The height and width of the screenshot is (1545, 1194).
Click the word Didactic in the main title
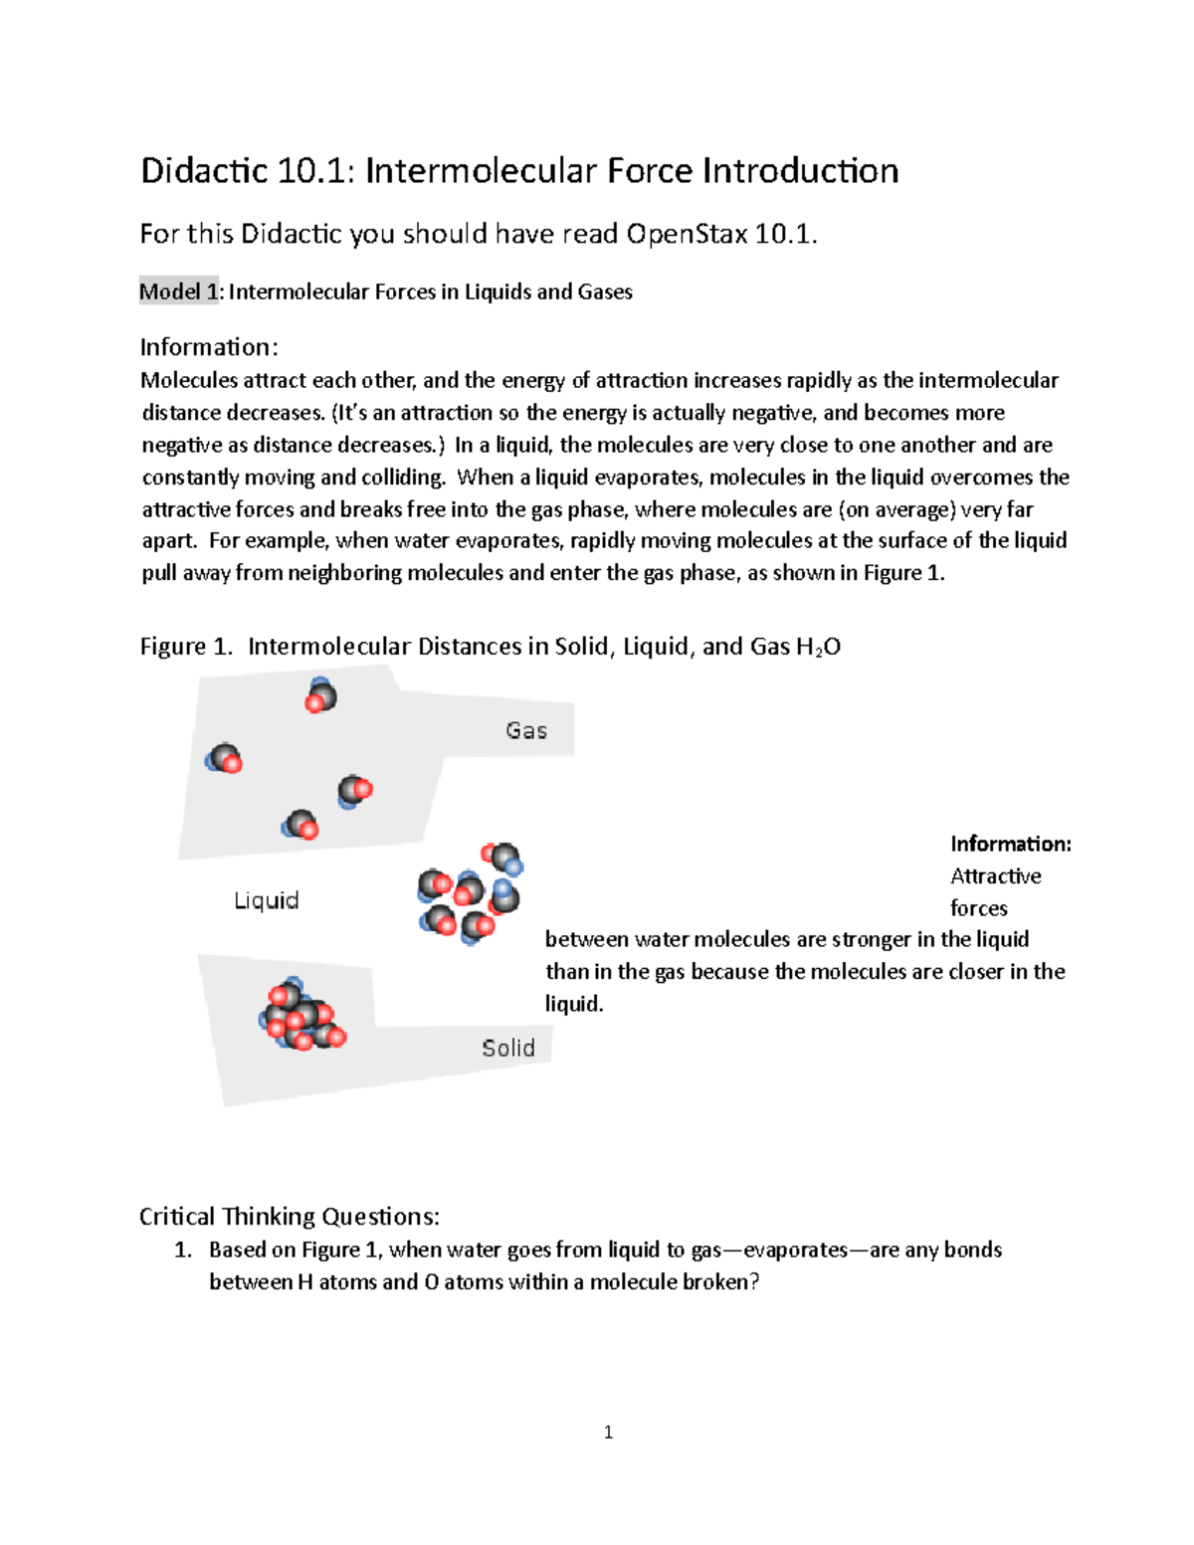click(204, 171)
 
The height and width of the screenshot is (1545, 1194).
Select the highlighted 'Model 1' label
click(178, 291)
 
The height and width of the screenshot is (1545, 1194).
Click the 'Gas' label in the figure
click(525, 731)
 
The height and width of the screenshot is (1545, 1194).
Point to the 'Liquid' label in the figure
click(266, 900)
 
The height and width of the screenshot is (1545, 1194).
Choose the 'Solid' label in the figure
click(507, 1048)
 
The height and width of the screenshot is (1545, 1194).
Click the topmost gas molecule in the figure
click(320, 695)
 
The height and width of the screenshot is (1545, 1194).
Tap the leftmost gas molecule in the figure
click(224, 759)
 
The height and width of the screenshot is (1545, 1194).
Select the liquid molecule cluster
click(471, 893)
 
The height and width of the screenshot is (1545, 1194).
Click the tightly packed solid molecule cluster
click(301, 1015)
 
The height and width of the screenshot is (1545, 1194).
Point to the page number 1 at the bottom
click(608, 1433)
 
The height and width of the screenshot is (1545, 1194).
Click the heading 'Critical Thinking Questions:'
click(289, 1217)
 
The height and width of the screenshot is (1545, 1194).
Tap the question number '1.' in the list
click(183, 1250)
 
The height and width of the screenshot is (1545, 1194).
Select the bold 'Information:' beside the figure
click(1010, 844)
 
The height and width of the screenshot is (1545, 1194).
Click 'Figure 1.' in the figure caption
click(186, 647)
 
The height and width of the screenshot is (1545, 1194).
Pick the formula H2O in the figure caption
click(818, 647)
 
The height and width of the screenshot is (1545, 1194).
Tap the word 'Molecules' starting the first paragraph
click(189, 380)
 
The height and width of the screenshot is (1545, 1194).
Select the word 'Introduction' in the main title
click(800, 171)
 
